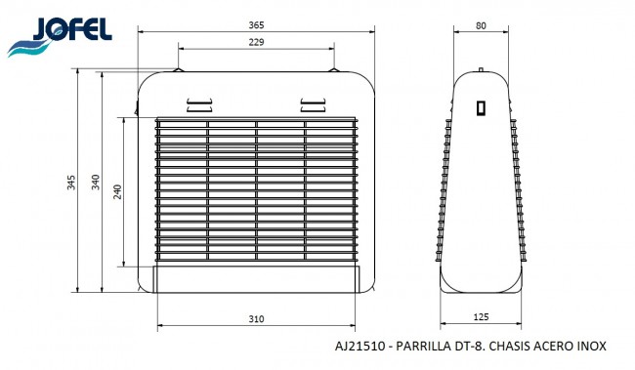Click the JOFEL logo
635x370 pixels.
point(60,36)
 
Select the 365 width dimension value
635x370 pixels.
point(256,25)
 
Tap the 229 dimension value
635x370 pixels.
point(256,42)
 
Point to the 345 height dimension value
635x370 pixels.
point(71,183)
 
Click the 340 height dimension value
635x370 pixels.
point(95,183)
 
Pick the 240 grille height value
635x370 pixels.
point(117,192)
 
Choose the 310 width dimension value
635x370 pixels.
point(256,319)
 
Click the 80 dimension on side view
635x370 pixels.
point(481,25)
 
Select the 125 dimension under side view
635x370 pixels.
point(481,317)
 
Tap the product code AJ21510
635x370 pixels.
point(360,347)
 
